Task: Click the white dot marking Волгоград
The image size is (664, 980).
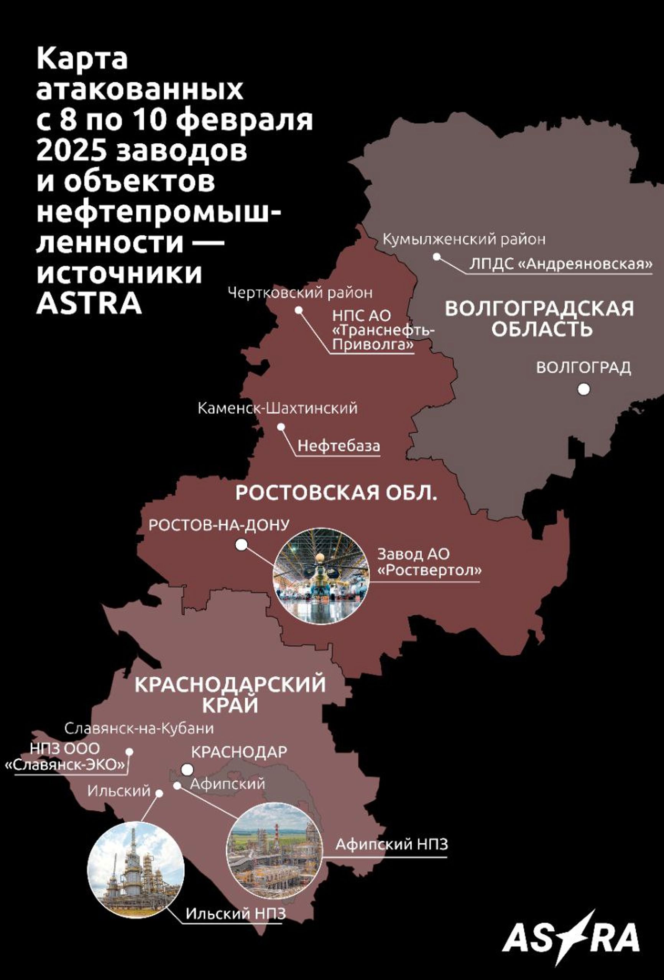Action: pos(583,389)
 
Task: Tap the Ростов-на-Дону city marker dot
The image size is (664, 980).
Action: pos(241,544)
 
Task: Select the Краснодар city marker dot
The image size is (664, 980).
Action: pos(187,770)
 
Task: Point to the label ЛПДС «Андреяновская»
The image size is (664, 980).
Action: pos(561,264)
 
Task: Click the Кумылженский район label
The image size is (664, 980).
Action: pos(464,239)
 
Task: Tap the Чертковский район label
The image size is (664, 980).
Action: pos(299,292)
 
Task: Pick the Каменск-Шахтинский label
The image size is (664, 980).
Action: pos(278,408)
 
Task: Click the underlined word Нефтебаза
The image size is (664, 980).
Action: pos(339,446)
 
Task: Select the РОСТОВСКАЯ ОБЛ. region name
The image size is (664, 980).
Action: pos(336,493)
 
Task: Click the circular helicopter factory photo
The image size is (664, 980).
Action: pos(321,576)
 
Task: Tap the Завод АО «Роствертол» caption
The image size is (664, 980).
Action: pos(429,562)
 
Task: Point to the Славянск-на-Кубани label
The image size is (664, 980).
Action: pos(139,728)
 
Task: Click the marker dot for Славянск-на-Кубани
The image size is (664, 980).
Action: pos(129,752)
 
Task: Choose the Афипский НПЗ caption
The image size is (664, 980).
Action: pos(391,844)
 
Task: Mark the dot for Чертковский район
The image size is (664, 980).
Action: pos(299,310)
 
